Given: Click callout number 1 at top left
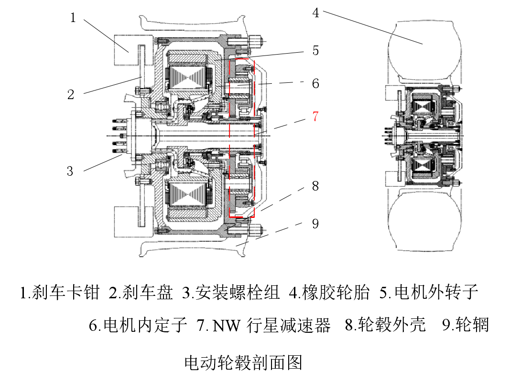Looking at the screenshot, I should pyautogui.click(x=73, y=18).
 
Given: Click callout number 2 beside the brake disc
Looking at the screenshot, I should pyautogui.click(x=71, y=94).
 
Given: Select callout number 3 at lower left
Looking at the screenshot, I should pyautogui.click(x=70, y=171).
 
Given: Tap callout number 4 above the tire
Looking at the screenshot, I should pyautogui.click(x=315, y=13).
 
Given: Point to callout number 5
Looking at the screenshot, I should pyautogui.click(x=315, y=50).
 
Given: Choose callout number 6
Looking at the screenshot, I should pyautogui.click(x=315, y=83).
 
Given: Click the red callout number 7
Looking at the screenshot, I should pyautogui.click(x=315, y=116).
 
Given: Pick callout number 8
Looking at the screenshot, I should pyautogui.click(x=315, y=186).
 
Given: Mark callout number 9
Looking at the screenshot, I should pyautogui.click(x=315, y=223).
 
